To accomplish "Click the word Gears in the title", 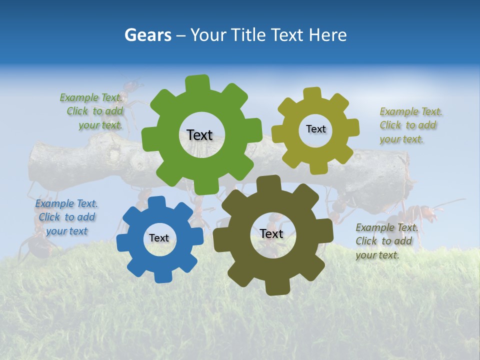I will point(147,35).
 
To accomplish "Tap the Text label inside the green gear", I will point(199,135).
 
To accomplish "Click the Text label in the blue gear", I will point(159,238).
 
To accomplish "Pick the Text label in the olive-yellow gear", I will point(315,129).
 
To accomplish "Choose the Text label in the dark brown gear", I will point(271,233).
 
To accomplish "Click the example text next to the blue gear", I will point(66,217).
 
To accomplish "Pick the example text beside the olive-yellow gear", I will point(410,125).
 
